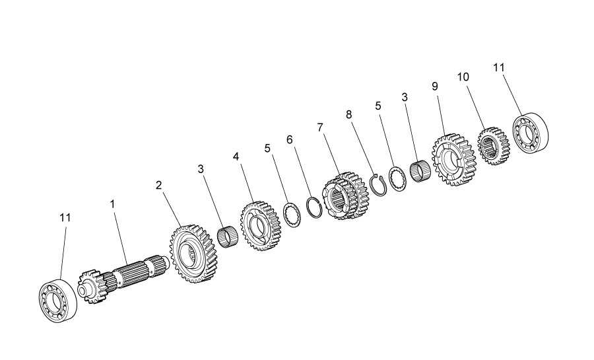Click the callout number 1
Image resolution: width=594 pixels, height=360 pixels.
click(112, 204)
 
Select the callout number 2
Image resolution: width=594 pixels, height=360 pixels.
click(158, 186)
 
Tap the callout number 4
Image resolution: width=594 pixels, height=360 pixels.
click(236, 156)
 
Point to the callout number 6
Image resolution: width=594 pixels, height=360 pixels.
click(290, 140)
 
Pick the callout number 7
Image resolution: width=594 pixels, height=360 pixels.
click(321, 127)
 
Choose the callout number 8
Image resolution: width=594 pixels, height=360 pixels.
click(349, 114)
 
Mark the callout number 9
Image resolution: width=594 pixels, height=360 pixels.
click(435, 87)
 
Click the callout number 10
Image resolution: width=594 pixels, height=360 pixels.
click(463, 77)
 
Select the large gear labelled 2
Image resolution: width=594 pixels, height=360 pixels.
click(194, 254)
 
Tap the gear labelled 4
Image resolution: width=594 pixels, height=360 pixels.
click(261, 226)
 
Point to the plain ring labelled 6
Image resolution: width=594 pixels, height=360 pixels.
click(314, 207)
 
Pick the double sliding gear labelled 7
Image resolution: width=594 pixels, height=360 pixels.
click(345, 196)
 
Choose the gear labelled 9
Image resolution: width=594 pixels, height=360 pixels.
click(453, 159)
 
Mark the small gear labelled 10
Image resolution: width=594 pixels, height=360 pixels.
click(493, 146)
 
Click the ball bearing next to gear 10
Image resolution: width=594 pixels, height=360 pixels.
click(531, 133)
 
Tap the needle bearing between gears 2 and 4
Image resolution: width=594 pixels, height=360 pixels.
click(228, 237)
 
